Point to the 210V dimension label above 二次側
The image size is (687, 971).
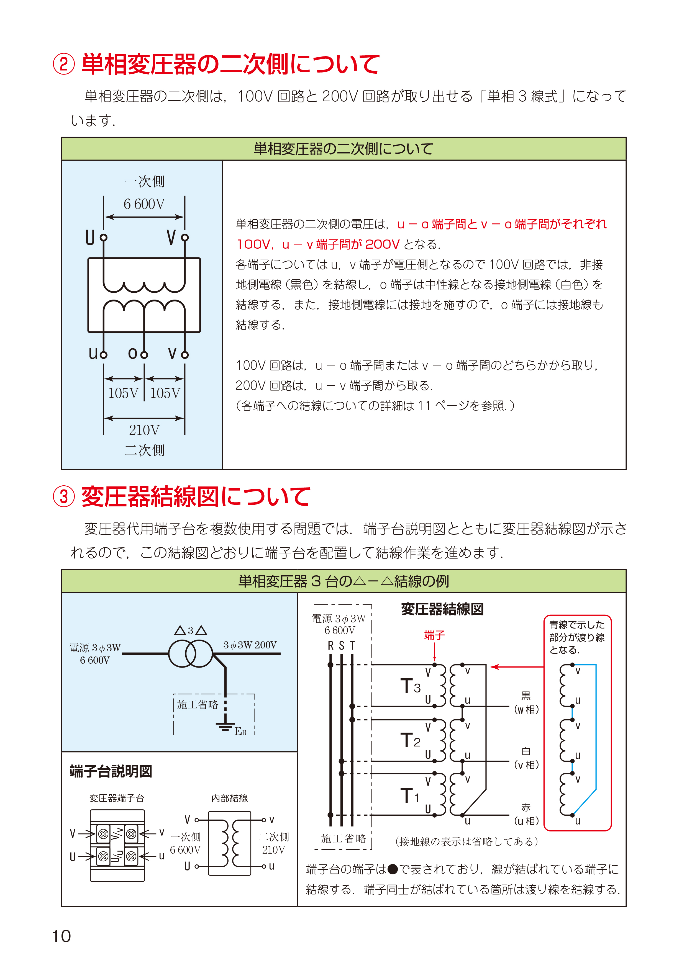[144, 430]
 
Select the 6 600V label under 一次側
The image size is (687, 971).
[144, 204]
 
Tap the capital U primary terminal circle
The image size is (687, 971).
[104, 238]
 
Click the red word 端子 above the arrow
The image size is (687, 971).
[434, 635]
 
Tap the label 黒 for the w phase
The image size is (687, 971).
[526, 696]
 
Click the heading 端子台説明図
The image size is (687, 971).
[111, 771]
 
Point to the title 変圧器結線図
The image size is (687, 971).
[442, 609]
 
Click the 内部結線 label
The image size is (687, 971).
[229, 798]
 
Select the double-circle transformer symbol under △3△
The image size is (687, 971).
[190, 653]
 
